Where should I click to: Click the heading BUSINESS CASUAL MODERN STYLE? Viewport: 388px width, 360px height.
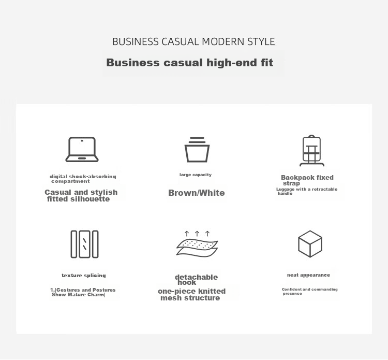pos(193,41)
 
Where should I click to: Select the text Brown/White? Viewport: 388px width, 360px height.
pos(197,193)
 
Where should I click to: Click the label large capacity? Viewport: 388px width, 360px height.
pos(196,175)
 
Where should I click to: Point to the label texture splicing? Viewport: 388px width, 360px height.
pos(84,275)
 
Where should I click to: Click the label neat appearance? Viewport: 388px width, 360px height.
pos(308,275)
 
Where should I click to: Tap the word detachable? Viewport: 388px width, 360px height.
pos(197,277)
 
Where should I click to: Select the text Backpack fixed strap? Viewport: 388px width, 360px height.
pos(307,180)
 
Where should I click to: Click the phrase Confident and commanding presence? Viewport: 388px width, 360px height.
pos(309,292)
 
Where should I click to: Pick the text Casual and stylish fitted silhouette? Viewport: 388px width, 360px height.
pos(81,195)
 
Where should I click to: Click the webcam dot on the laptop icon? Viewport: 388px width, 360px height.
pos(82,141)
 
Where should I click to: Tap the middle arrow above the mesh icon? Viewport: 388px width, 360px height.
pos(197,234)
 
